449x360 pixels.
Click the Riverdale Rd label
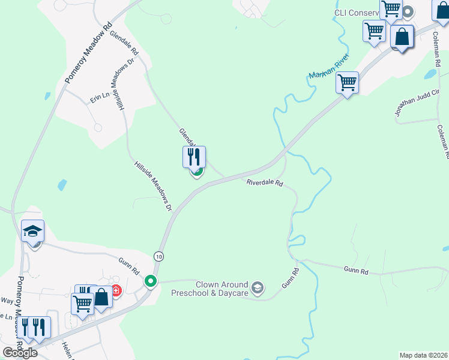[x=264, y=182]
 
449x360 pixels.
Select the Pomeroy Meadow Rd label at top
[x=88, y=52]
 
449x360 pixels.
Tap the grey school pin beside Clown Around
[x=258, y=289]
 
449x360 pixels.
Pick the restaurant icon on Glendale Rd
[x=194, y=157]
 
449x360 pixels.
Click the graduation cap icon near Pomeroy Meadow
[x=32, y=230]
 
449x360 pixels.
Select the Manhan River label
[x=329, y=67]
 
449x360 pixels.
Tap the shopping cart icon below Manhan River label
[x=347, y=83]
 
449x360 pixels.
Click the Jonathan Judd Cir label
[x=417, y=102]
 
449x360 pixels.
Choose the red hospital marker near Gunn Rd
[x=116, y=292]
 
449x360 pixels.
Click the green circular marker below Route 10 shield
[x=151, y=281]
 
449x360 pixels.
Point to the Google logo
[x=19, y=353]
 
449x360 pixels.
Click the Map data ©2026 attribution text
[x=423, y=355]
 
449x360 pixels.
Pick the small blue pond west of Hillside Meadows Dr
[x=62, y=185]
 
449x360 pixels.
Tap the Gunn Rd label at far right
[x=357, y=271]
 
